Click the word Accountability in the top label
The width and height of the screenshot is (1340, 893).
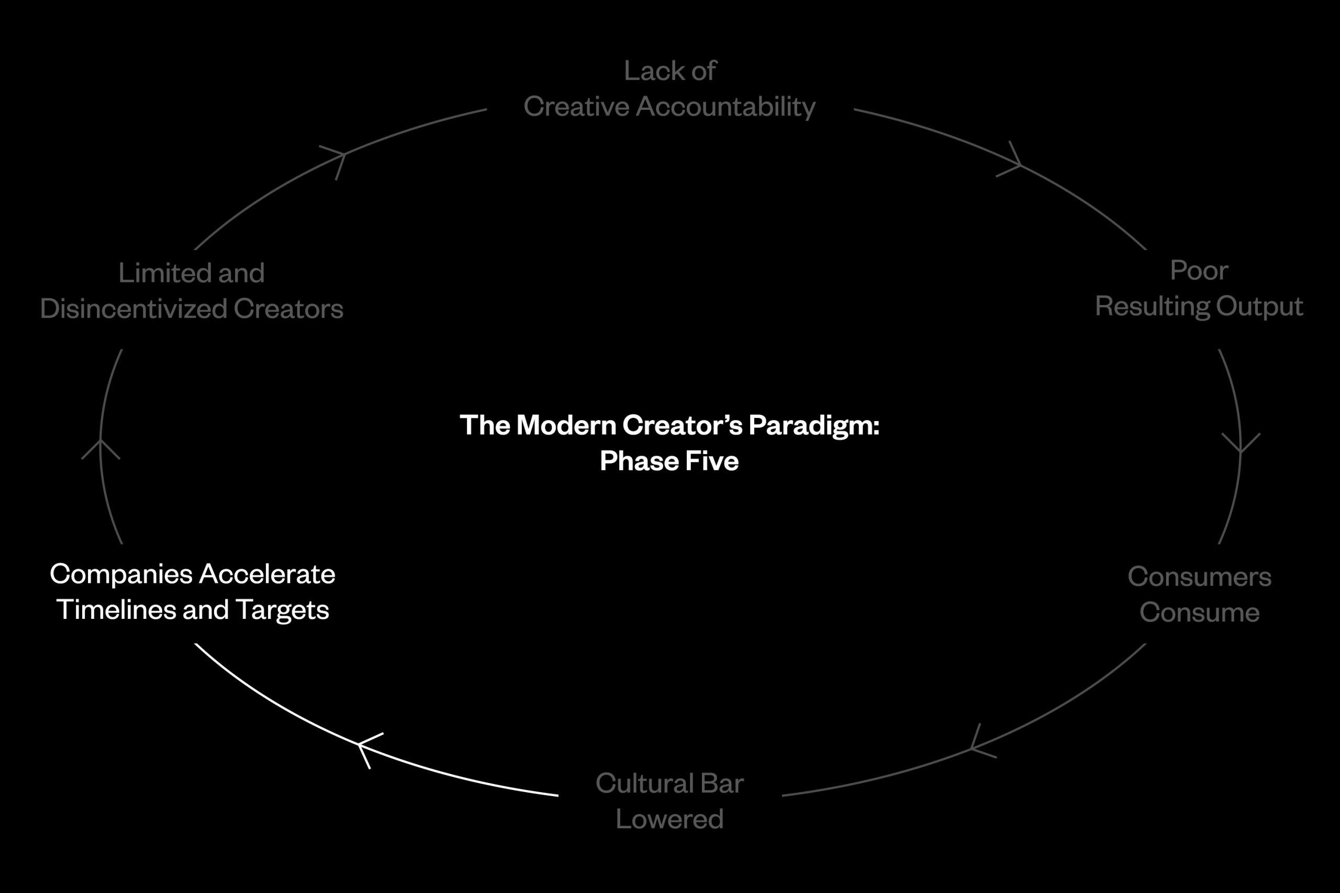725,107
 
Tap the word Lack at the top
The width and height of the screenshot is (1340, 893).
646,71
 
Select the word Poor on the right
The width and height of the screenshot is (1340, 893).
1199,270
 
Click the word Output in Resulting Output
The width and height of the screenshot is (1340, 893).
1259,307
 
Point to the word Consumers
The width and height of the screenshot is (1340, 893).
1199,577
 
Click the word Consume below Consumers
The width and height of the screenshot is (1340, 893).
1199,613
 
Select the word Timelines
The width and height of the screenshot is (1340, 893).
116,610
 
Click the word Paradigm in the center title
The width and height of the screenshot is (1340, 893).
814,426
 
